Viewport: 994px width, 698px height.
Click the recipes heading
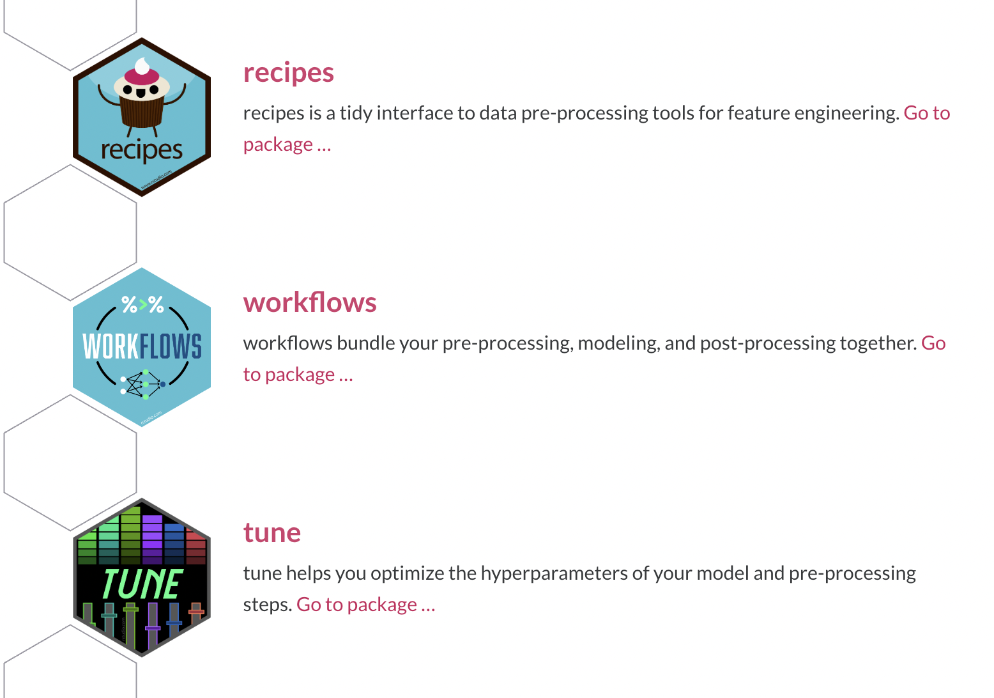click(289, 73)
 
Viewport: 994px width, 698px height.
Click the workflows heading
click(310, 302)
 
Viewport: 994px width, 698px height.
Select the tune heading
click(272, 532)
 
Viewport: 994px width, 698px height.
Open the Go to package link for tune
click(365, 604)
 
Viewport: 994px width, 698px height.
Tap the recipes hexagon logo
click(142, 117)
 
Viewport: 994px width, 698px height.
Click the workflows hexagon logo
click(142, 347)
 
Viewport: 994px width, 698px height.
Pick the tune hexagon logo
click(142, 577)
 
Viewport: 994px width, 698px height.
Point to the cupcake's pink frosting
click(142, 76)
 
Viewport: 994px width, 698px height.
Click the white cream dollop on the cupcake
click(142, 66)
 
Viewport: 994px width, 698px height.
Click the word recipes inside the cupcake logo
click(142, 150)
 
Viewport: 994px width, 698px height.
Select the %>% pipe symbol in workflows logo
click(142, 305)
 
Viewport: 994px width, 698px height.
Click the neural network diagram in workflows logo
click(143, 384)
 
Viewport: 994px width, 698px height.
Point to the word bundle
click(365, 343)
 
